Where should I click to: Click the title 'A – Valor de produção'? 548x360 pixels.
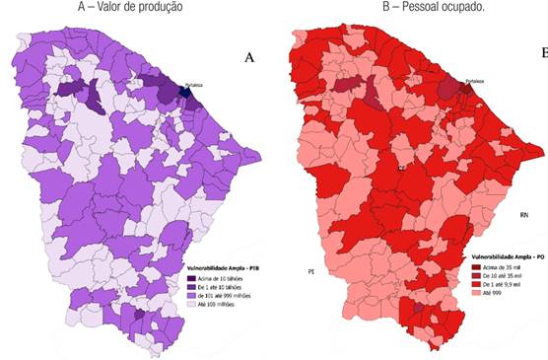click(134, 8)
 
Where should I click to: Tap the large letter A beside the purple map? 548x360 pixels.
click(249, 59)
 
